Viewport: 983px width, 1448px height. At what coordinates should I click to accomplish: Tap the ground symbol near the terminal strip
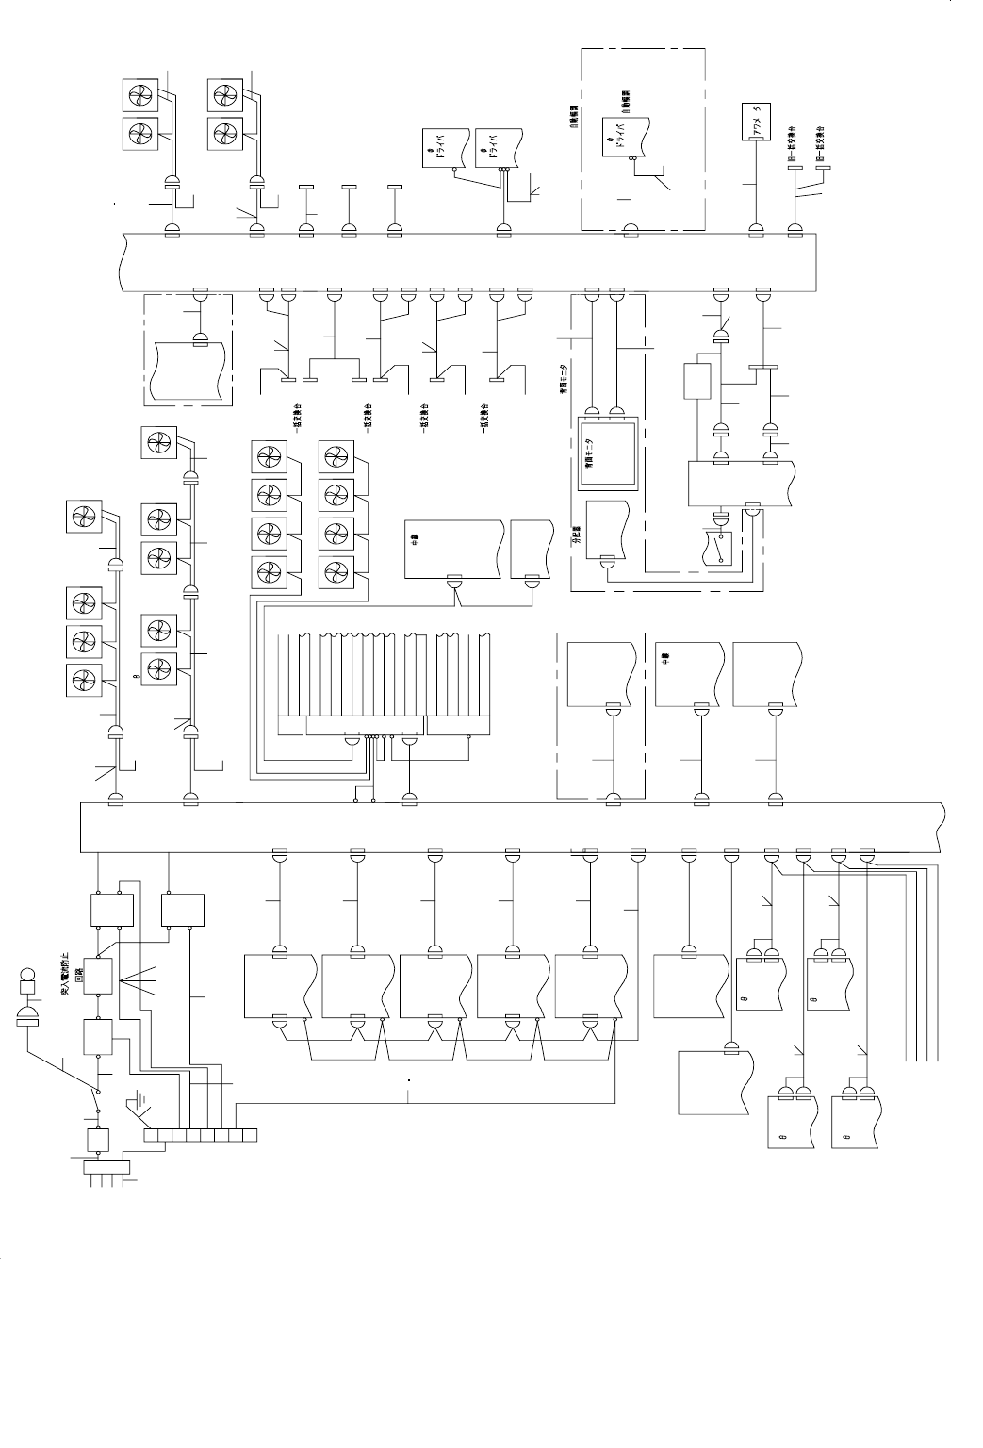(139, 1100)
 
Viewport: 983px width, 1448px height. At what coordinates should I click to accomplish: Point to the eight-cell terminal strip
(200, 1134)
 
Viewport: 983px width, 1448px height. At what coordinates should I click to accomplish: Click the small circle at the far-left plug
(27, 974)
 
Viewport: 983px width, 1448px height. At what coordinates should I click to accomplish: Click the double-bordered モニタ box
(607, 453)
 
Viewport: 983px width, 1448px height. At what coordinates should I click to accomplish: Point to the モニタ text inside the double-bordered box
(589, 452)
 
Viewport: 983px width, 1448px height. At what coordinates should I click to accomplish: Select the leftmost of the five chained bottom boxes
(280, 986)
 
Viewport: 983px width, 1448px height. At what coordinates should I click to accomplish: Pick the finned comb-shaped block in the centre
(385, 683)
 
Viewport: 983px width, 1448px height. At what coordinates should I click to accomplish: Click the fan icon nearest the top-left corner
(142, 96)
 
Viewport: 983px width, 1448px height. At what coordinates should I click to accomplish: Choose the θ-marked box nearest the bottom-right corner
(856, 1122)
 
